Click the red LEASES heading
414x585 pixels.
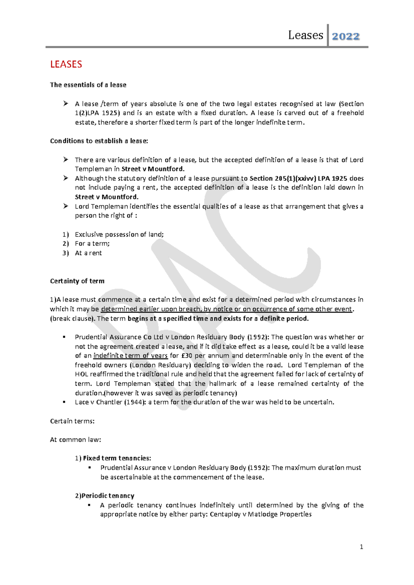click(66, 65)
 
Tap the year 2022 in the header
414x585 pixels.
click(346, 36)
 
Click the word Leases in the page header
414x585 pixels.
click(305, 35)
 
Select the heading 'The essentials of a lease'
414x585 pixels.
click(88, 85)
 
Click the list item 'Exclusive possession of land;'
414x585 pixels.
click(119, 235)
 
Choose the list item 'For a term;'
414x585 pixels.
click(92, 244)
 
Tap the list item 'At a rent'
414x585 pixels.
click(88, 253)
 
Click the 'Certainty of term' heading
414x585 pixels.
click(77, 281)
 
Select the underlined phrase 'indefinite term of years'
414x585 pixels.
click(130, 356)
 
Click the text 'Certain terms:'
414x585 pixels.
click(72, 421)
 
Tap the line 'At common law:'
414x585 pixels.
click(75, 440)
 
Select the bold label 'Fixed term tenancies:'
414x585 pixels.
click(117, 458)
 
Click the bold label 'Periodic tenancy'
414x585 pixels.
click(108, 496)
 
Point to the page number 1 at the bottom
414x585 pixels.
click(361, 547)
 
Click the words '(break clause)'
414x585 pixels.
click(72, 319)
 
